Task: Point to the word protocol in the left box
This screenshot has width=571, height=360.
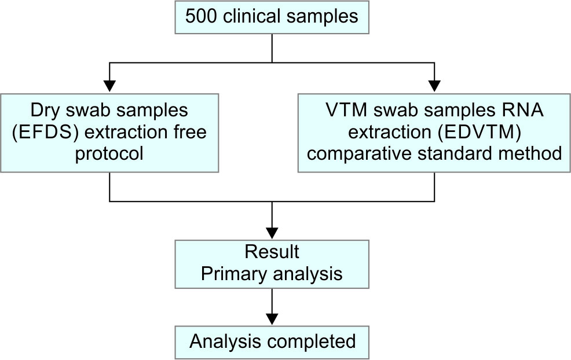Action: (109, 153)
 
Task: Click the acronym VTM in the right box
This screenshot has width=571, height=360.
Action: (347, 111)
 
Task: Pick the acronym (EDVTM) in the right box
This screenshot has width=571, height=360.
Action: (477, 132)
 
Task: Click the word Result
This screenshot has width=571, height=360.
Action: (272, 252)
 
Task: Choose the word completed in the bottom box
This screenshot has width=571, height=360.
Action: (312, 342)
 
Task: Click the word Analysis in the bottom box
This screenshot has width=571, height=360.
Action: (226, 342)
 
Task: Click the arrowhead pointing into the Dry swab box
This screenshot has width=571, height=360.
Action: (109, 86)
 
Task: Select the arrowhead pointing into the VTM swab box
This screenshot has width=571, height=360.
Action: (434, 86)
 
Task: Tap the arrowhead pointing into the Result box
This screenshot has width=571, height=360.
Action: (272, 233)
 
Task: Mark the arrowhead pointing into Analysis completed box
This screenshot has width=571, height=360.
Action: (272, 319)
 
